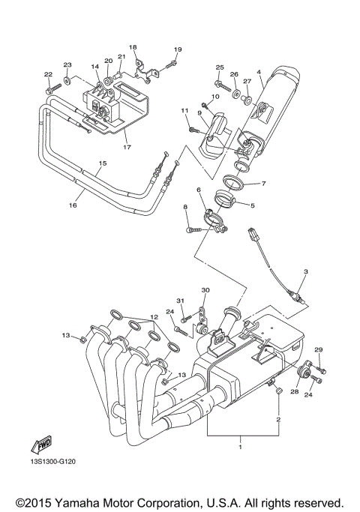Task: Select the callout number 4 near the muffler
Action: (258, 73)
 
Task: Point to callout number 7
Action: (263, 184)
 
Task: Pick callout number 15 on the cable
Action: (102, 163)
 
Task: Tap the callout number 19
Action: (177, 49)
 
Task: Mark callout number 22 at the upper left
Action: (48, 74)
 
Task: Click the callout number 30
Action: (205, 290)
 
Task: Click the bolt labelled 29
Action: (322, 369)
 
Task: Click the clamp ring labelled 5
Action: (225, 199)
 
